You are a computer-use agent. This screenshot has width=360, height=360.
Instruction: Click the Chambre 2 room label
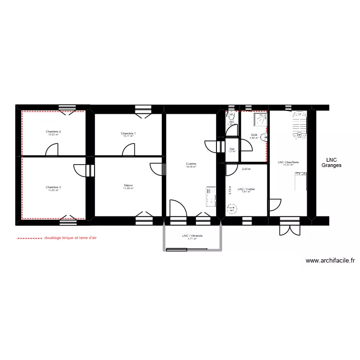point(53,132)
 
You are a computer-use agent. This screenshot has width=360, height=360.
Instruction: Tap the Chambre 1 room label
point(128,133)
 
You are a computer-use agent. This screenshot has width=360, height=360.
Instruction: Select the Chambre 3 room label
point(53,187)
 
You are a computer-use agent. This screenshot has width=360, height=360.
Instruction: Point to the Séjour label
point(128,185)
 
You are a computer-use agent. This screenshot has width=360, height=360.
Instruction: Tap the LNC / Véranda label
point(192,236)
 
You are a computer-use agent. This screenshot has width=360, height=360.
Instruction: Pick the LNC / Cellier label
point(246,189)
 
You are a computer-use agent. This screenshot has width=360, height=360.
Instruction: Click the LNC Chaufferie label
point(288,162)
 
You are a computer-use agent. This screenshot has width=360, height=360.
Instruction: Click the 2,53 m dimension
point(246,169)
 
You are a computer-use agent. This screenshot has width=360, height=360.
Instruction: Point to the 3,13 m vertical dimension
point(230,190)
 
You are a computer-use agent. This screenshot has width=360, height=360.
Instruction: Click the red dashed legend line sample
point(29,238)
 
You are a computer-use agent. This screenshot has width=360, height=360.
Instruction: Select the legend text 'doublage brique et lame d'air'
point(71,238)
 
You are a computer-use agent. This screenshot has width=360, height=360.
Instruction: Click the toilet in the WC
point(231,116)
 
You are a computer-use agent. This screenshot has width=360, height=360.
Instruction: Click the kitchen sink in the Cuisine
point(210,196)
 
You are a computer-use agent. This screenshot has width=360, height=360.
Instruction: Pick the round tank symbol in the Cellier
point(232,209)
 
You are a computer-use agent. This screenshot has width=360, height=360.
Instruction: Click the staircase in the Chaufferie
point(300,125)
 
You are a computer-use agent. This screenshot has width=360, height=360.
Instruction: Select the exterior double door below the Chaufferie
point(289,227)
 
